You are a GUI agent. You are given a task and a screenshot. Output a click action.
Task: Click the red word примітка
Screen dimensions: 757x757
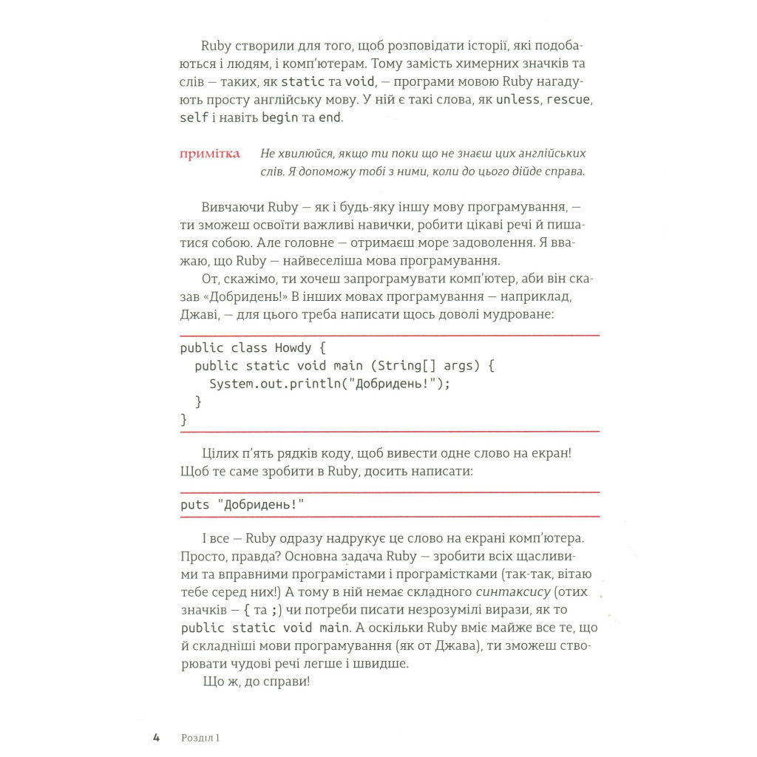[x=210, y=154]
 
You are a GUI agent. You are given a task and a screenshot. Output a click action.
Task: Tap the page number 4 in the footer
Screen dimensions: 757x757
[x=156, y=737]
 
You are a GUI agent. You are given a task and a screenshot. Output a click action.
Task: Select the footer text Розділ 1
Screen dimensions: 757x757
[x=200, y=737]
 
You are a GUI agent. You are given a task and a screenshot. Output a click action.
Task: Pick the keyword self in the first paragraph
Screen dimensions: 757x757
[x=194, y=118]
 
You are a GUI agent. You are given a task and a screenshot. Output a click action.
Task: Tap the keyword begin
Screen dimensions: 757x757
[x=280, y=118]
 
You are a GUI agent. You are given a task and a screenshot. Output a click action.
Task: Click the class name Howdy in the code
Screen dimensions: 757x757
[x=293, y=347]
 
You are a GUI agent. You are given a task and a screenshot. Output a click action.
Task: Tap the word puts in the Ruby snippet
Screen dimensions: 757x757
[x=195, y=504]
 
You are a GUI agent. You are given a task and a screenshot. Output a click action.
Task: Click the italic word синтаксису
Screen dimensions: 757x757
[x=512, y=591]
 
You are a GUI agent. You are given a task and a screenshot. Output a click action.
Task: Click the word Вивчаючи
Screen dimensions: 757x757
[x=231, y=206]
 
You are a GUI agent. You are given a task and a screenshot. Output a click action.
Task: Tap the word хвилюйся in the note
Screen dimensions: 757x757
[x=305, y=154]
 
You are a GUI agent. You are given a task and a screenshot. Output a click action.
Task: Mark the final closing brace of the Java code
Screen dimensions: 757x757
[x=184, y=419]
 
